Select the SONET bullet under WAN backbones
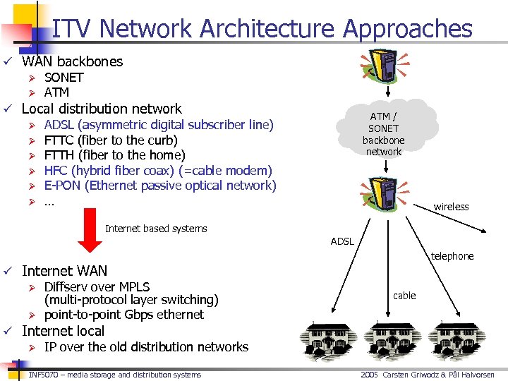pyautogui.click(x=64, y=77)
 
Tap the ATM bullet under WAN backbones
pyautogui.click(x=56, y=92)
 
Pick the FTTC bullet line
pyautogui.click(x=111, y=140)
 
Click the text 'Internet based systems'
pyautogui.click(x=156, y=229)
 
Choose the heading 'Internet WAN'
pyautogui.click(x=64, y=271)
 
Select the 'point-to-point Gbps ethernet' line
pyautogui.click(x=123, y=315)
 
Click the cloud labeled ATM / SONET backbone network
pyautogui.click(x=384, y=133)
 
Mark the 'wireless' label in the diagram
pyautogui.click(x=451, y=207)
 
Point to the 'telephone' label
pyautogui.click(x=452, y=256)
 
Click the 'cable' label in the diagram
pyautogui.click(x=404, y=296)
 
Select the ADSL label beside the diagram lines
pyautogui.click(x=342, y=241)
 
